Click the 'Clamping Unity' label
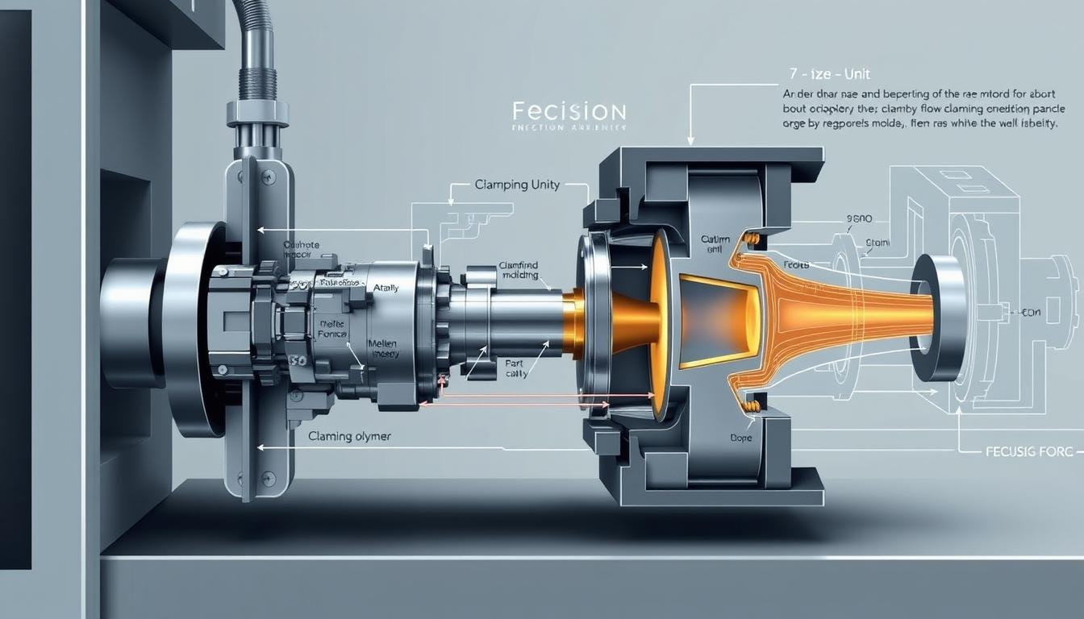point(518,185)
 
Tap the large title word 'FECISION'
point(569,111)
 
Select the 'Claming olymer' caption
point(349,436)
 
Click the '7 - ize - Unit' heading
point(823,74)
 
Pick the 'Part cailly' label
point(515,368)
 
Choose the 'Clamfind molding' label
point(518,270)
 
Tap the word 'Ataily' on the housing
point(386,288)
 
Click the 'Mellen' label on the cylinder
point(382,343)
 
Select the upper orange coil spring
point(752,239)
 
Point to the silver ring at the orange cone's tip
point(937,318)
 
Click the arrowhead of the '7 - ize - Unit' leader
point(690,141)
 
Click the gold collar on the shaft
point(573,324)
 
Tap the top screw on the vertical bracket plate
point(267,176)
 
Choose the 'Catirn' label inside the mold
point(715,239)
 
